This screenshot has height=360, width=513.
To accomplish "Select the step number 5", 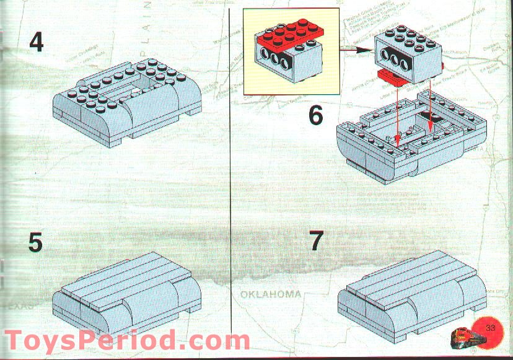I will [36, 242].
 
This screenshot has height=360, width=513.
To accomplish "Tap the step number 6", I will [316, 116].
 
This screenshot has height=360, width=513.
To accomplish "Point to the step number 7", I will [317, 240].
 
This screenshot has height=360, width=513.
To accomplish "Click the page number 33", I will [493, 327].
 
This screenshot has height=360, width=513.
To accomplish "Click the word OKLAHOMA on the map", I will [271, 294].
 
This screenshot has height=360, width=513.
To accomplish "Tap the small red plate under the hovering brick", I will [396, 76].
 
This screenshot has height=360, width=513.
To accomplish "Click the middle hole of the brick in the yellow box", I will [277, 62].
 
